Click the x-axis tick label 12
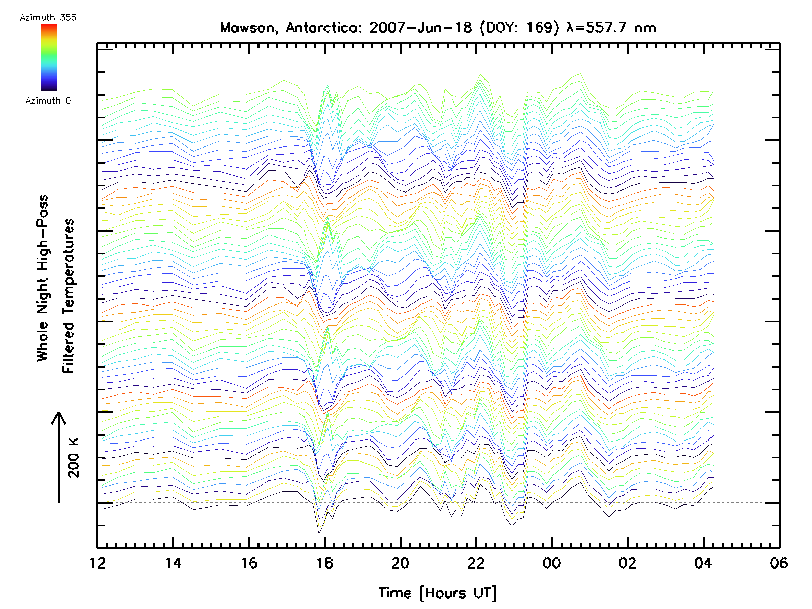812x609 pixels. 97,563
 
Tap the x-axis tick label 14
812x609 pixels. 173,563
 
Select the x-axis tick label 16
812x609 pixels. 249,563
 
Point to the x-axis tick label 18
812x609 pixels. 325,563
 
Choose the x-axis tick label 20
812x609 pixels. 401,563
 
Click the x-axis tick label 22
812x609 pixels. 476,563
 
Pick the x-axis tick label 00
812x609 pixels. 552,563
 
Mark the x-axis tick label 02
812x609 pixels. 627,563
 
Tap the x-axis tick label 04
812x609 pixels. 703,563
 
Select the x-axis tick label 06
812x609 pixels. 779,563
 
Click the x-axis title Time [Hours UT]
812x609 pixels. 438,593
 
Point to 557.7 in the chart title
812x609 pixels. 606,28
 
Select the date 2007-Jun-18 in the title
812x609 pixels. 421,28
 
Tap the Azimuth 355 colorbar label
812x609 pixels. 48,17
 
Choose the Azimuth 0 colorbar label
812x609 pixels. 48,100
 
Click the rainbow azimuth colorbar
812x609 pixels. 49,58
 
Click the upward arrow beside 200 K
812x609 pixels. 59,457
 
